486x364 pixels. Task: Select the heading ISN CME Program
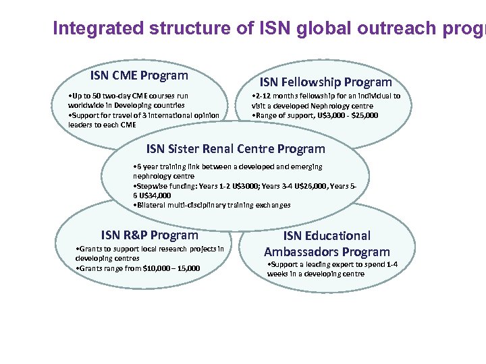point(139,75)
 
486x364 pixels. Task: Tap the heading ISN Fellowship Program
point(326,82)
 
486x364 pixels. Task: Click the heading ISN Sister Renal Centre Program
point(236,149)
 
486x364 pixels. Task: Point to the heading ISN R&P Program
point(150,235)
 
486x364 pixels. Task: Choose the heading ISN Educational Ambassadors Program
point(327,243)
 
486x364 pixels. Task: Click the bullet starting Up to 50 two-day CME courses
point(127,100)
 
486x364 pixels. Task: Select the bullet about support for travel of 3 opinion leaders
point(143,119)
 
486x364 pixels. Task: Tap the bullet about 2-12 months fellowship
point(325,100)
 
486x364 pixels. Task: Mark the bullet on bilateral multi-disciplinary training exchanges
point(212,205)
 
